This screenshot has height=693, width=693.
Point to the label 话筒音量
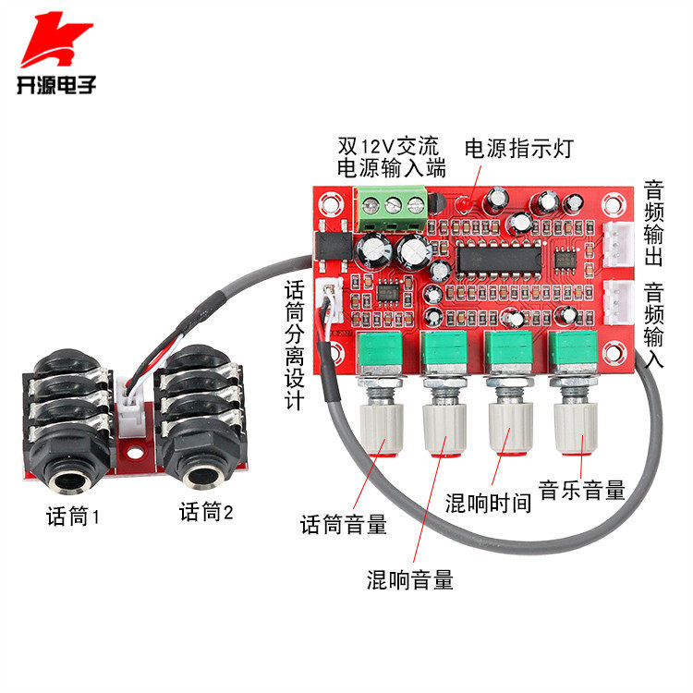(x=344, y=525)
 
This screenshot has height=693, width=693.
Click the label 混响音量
(x=410, y=580)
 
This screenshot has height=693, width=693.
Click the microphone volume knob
(x=382, y=425)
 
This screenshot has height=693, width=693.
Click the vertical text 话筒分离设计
(x=293, y=346)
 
